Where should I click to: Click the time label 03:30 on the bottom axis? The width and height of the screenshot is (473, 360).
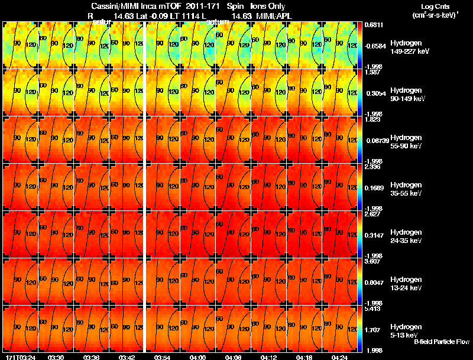click(x=56, y=357)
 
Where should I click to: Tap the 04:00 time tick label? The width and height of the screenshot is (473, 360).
click(x=198, y=357)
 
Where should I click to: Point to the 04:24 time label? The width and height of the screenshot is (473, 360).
click(x=339, y=357)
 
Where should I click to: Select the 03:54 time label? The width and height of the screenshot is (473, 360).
click(x=162, y=357)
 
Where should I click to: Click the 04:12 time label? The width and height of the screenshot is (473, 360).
click(x=269, y=357)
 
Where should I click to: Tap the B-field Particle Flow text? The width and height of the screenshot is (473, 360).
click(x=441, y=342)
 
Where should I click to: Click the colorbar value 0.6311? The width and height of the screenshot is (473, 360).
click(x=372, y=25)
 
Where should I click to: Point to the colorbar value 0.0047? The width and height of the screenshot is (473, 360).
click(x=372, y=283)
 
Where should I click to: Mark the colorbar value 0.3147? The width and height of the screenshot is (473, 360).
click(x=372, y=236)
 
